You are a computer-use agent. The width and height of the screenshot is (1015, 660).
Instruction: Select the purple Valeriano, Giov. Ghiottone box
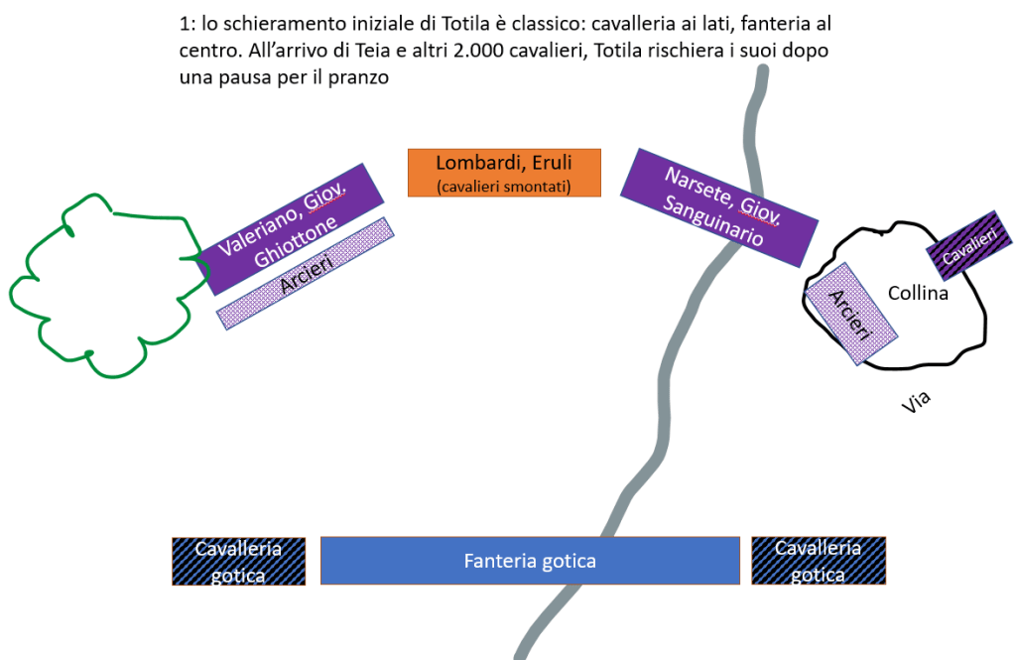point(290,227)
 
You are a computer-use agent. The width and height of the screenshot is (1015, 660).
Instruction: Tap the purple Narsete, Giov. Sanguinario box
point(719,207)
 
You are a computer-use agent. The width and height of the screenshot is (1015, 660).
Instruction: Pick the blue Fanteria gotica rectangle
point(530,561)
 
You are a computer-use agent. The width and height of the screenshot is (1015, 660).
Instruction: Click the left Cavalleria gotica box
point(238,561)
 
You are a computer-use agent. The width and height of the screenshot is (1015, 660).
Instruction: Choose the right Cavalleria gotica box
point(819,561)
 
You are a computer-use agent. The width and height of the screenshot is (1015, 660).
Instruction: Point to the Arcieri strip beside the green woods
point(306,271)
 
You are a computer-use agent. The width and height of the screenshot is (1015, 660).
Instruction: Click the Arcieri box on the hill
point(851,315)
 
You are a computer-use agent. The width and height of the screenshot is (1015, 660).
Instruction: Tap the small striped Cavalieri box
point(968,245)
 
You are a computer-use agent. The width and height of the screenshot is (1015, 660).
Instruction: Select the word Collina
point(918,294)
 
